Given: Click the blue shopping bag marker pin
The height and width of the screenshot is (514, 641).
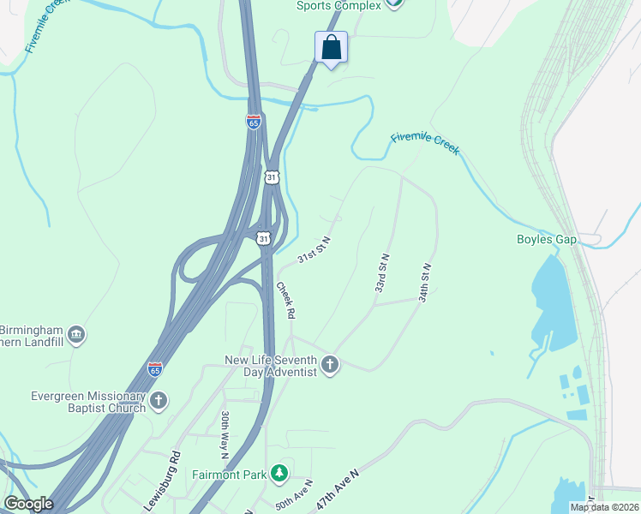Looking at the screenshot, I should [x=331, y=48].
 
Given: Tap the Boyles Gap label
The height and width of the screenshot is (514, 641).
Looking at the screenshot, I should [x=546, y=239].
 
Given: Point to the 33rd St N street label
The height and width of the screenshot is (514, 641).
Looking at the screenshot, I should [x=382, y=273].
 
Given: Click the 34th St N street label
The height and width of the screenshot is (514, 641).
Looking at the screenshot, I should [x=424, y=282].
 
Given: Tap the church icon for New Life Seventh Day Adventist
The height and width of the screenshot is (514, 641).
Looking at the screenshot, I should [x=330, y=366].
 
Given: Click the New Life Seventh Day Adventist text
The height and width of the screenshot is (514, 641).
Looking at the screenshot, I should [x=270, y=366].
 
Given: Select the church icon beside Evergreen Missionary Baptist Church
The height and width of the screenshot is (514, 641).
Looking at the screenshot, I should [x=158, y=400].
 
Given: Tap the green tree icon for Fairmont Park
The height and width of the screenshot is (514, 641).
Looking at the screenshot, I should [x=278, y=473].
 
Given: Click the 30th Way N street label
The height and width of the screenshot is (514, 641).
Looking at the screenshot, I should [x=225, y=426].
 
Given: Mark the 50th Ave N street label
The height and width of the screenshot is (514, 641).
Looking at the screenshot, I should [x=295, y=494].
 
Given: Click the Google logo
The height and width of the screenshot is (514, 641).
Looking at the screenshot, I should [x=27, y=504].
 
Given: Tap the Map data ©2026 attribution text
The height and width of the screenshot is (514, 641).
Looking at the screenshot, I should [x=604, y=507].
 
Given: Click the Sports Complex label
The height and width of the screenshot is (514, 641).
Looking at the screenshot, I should [x=338, y=5].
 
